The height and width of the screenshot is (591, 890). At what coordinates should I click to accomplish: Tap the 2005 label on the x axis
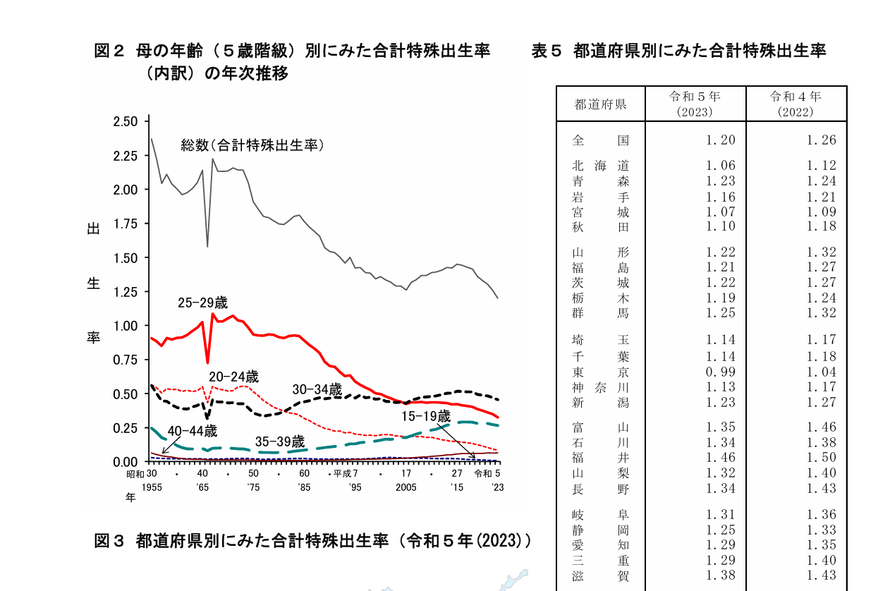coord(406,487)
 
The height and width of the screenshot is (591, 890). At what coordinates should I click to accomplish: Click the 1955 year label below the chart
coord(152,487)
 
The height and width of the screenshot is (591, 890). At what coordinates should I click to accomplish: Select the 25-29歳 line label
coord(202,303)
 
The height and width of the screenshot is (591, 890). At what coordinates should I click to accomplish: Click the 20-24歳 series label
coord(233,377)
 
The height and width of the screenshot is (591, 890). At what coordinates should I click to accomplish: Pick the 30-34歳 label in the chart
coord(317,389)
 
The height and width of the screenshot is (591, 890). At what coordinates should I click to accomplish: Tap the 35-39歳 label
coord(280,442)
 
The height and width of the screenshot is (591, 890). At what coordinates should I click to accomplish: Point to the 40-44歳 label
coord(192,431)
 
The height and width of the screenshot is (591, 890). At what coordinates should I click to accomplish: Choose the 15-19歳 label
coord(426,417)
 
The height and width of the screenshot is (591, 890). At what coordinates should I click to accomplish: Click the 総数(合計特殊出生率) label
coord(252,145)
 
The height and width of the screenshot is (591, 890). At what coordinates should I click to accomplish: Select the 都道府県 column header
coord(601,104)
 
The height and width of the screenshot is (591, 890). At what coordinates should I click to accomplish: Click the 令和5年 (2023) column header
coord(695,104)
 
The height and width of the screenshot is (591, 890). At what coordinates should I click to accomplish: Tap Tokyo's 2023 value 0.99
coord(721,372)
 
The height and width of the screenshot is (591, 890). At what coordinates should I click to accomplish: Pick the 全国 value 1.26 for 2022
coord(822,140)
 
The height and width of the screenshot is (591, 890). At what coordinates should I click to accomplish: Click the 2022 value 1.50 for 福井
coord(822,458)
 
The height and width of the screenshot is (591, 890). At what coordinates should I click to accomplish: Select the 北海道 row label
coord(601,166)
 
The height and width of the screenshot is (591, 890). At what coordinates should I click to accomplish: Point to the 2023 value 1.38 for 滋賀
coord(721,575)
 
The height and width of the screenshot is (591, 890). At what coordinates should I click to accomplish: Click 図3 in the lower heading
coord(109,541)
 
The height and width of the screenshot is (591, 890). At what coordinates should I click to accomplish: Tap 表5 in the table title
coord(547,51)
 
